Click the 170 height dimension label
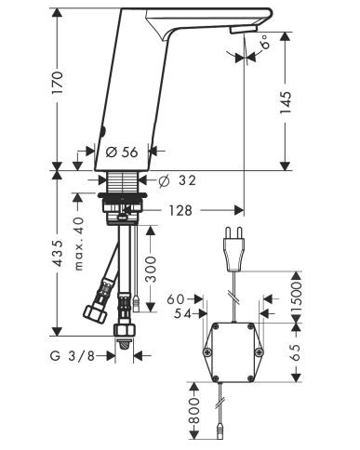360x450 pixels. coord(58,83)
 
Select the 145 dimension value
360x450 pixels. coord(286,102)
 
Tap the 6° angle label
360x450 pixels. coord(266,44)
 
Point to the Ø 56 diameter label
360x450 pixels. coord(122,152)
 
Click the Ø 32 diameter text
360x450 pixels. coord(177,180)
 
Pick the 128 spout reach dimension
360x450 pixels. coord(180,211)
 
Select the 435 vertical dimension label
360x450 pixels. coord(58,253)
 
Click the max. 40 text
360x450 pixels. coord(79,244)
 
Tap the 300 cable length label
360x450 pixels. coord(151,269)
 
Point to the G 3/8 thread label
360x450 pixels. coord(73,356)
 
